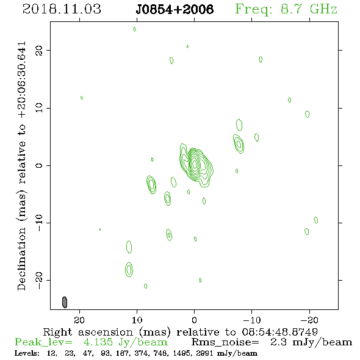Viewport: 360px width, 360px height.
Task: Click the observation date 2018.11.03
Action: tap(62, 9)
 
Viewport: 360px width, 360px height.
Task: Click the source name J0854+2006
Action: tap(175, 10)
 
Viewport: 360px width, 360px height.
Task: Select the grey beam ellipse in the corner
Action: tap(65, 302)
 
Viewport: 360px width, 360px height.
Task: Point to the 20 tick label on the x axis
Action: tap(79, 320)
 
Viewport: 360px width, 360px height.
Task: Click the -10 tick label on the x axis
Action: tap(252, 320)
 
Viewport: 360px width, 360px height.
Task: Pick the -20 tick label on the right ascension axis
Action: tap(309, 320)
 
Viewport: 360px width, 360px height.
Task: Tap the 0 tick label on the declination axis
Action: tap(39, 165)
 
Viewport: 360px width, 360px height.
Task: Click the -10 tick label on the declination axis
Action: tap(39, 223)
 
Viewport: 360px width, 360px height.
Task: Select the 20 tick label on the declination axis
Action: tap(39, 50)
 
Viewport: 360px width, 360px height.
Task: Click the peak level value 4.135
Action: tap(98, 342)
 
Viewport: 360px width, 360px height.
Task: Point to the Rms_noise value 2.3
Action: tap(278, 342)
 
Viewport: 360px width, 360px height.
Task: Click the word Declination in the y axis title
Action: tap(21, 259)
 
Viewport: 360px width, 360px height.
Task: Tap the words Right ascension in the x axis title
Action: tap(88, 332)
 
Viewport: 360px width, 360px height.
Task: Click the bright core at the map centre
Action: tap(195, 164)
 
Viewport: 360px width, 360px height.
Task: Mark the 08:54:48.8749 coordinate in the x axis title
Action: tap(280, 332)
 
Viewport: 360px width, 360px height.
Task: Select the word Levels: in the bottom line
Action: tap(27, 353)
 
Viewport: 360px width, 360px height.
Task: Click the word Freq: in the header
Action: tap(253, 10)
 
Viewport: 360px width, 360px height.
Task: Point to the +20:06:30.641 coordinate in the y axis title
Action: tap(21, 80)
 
